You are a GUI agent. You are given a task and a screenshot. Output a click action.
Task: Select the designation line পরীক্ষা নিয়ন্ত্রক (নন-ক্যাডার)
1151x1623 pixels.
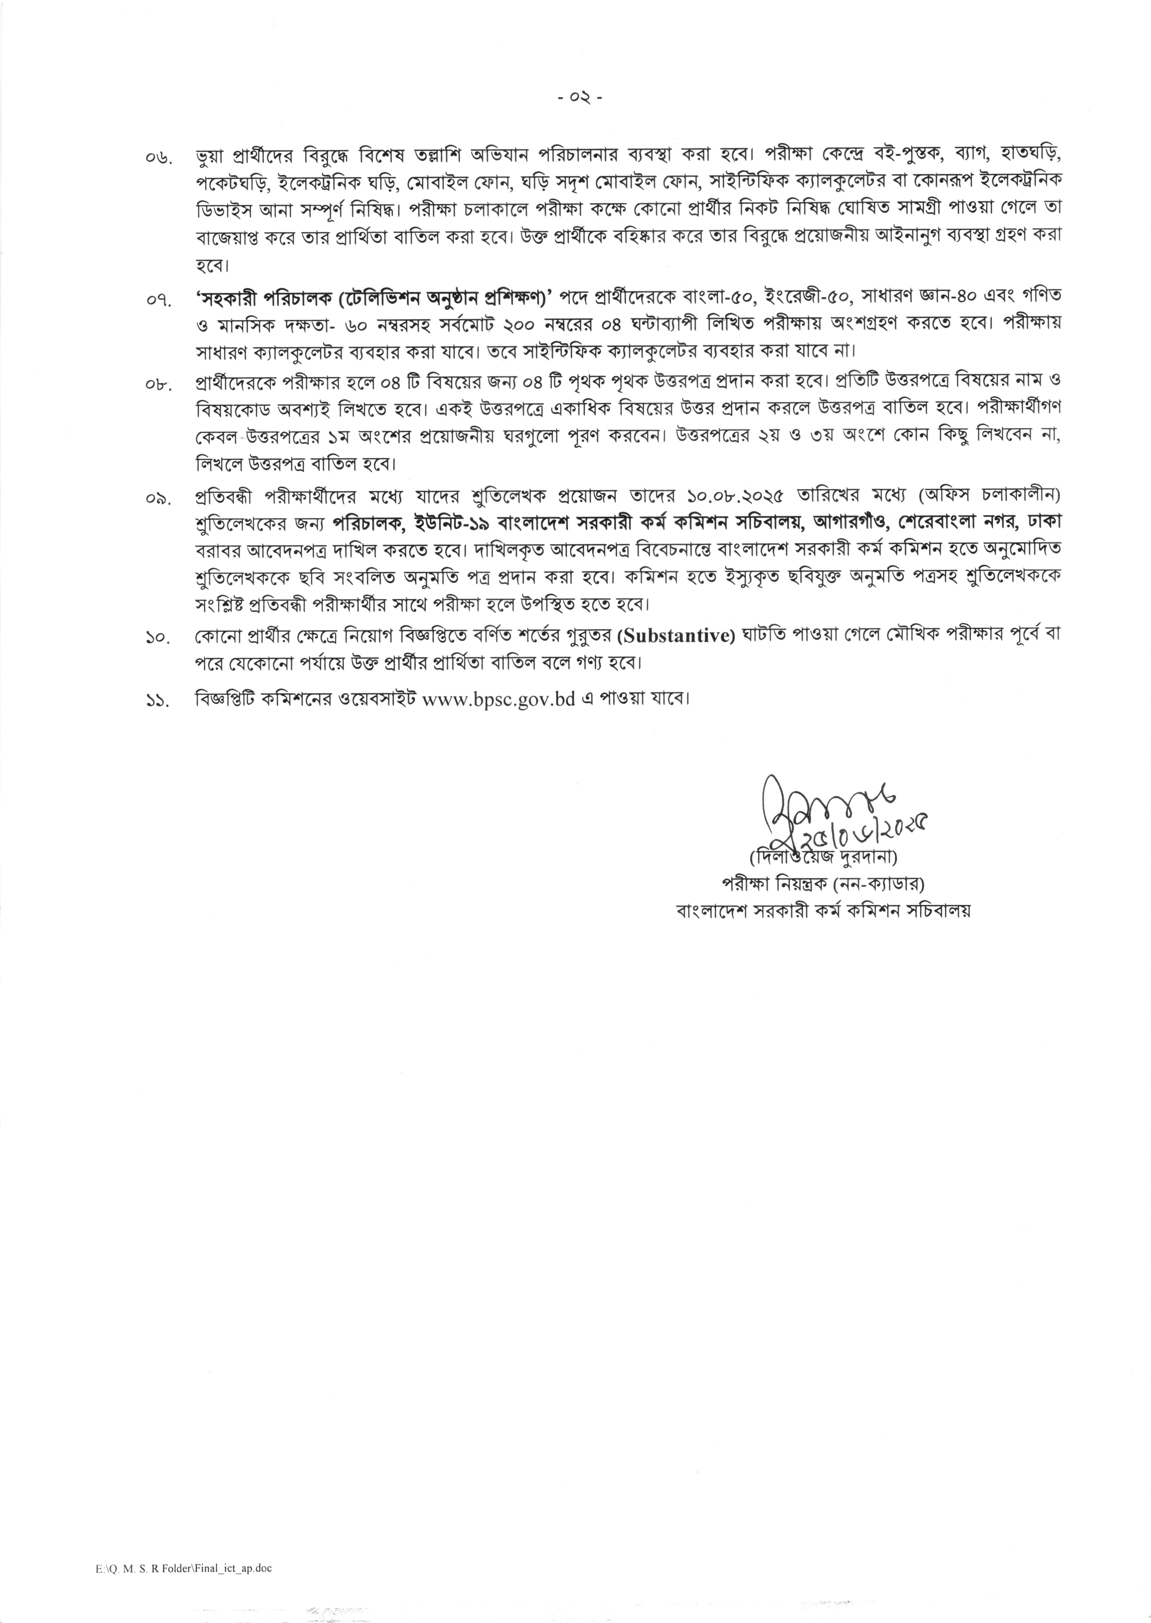pos(822,883)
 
